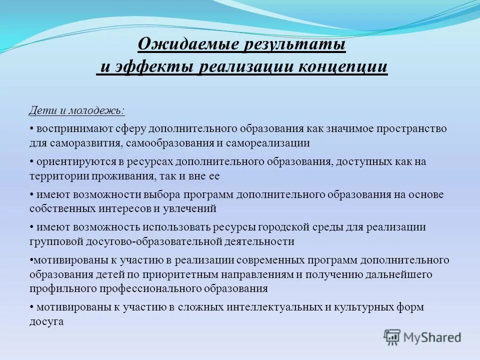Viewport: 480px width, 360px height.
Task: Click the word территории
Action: (x=56, y=176)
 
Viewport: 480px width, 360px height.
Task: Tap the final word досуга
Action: (x=46, y=322)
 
